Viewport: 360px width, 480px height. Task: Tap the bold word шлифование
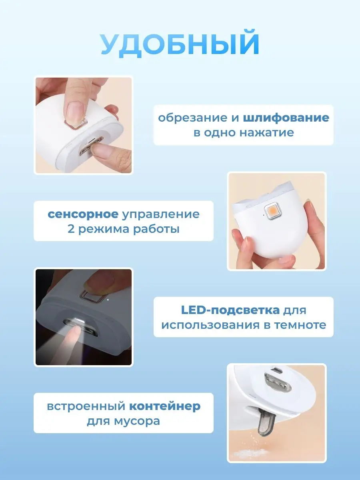pyautogui.click(x=286, y=118)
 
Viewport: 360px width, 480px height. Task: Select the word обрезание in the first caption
pyautogui.click(x=193, y=118)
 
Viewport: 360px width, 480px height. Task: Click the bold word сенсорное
pyautogui.click(x=83, y=214)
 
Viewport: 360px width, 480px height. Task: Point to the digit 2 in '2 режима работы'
pyautogui.click(x=71, y=229)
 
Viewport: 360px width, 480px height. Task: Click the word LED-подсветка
pyautogui.click(x=230, y=310)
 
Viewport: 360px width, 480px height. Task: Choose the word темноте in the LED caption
pyautogui.click(x=300, y=325)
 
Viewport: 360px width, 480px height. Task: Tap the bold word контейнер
pyautogui.click(x=165, y=406)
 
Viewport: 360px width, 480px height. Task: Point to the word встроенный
pyautogui.click(x=86, y=407)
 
